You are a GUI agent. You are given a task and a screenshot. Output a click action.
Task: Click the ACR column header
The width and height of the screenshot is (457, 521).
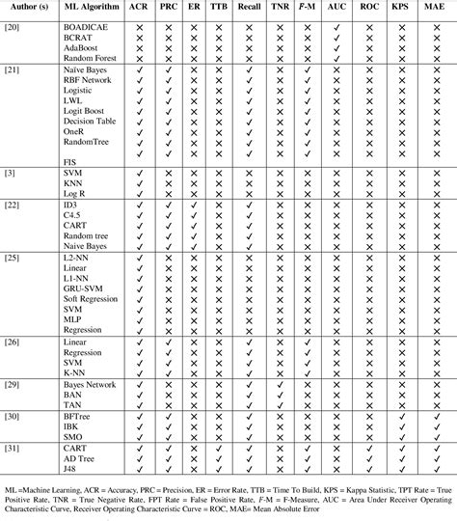[140, 7]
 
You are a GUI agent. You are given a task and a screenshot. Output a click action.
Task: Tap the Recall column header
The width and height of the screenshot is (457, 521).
[249, 7]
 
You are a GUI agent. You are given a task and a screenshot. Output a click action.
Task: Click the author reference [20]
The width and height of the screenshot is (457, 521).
[11, 21]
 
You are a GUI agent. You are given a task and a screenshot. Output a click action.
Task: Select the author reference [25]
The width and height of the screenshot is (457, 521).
[11, 260]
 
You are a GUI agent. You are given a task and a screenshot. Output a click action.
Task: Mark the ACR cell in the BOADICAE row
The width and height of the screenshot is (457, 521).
[140, 21]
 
